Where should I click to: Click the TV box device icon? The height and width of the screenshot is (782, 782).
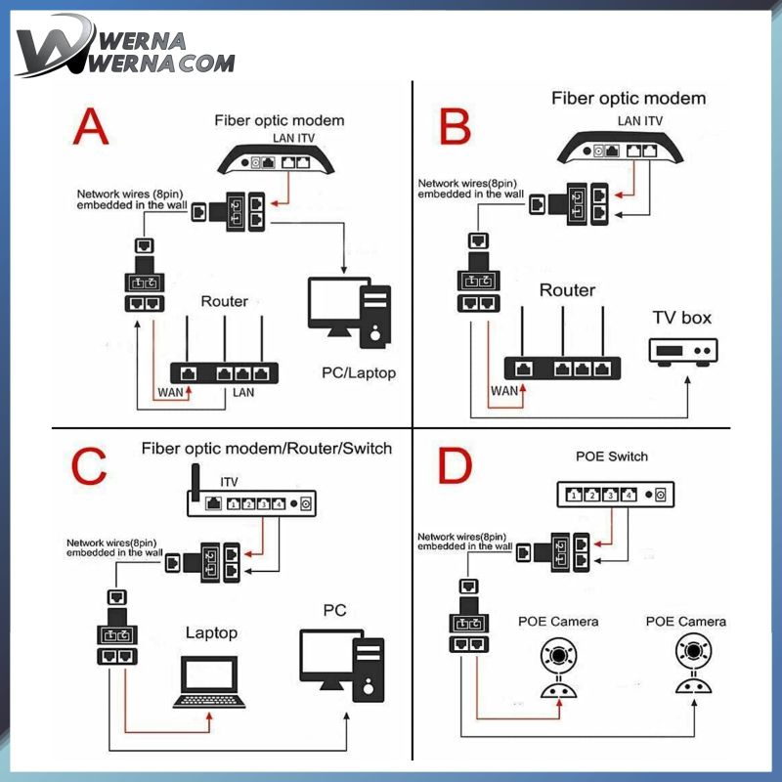684,351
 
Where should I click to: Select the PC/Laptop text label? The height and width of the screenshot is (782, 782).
359,373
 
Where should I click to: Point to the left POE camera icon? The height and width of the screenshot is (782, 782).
559,665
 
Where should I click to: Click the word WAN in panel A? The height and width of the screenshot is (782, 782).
171,393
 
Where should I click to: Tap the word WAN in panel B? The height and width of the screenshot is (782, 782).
503,391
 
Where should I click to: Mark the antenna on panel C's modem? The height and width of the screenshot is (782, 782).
194,482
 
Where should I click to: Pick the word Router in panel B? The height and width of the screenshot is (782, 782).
567,290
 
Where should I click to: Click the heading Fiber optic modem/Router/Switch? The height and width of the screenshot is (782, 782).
266,449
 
